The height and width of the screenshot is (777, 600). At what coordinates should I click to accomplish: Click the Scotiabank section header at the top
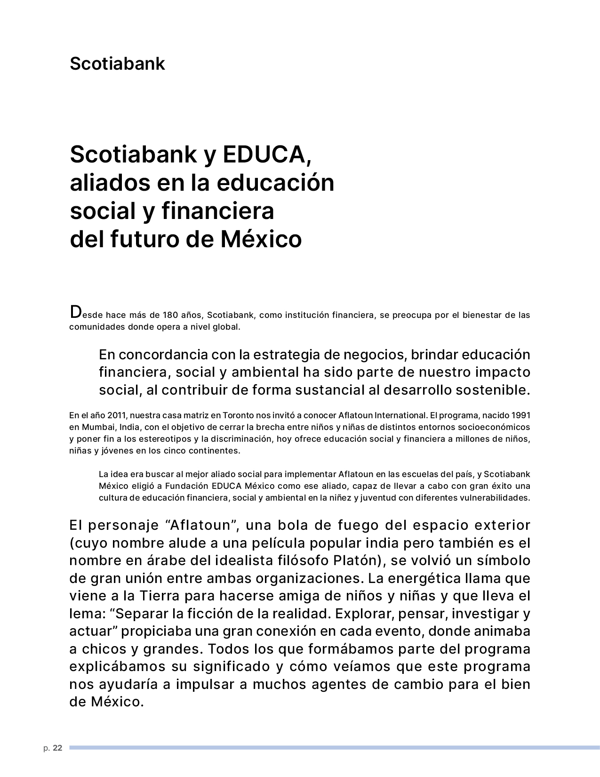[x=117, y=64]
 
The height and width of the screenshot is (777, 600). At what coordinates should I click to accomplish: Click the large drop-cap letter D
[x=75, y=312]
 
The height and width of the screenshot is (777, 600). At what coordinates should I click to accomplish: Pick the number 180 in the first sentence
[x=170, y=315]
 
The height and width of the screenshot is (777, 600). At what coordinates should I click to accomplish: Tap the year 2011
[x=117, y=415]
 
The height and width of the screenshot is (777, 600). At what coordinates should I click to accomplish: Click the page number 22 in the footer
[x=57, y=748]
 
